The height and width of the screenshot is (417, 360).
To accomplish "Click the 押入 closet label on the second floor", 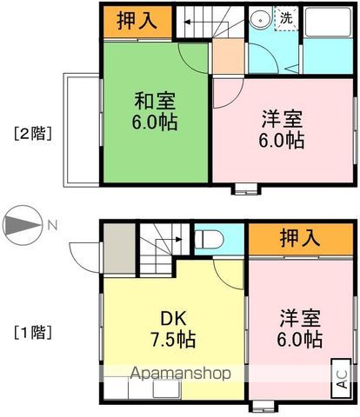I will coord(137,22).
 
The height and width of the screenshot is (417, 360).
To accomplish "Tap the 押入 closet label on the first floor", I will coord(298,237).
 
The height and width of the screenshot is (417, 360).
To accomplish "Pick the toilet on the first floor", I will coord(209,237).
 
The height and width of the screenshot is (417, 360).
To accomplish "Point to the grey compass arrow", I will coord(23,226).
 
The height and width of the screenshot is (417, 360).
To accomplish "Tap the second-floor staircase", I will coord(209,21).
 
